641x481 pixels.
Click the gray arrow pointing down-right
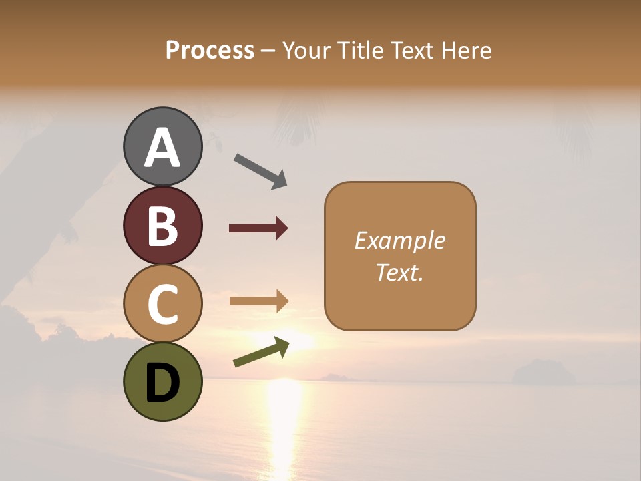click(x=260, y=171)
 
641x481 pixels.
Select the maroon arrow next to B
click(x=258, y=228)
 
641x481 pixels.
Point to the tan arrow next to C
click(x=258, y=301)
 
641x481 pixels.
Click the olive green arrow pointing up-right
click(x=261, y=352)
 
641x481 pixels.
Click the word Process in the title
click(x=210, y=51)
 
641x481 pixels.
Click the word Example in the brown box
click(x=400, y=240)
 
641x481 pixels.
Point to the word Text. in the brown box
click(x=400, y=272)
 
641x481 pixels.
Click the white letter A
click(x=163, y=148)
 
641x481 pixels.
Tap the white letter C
click(x=163, y=305)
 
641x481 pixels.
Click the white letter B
click(x=163, y=226)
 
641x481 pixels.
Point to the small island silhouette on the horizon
click(x=543, y=372)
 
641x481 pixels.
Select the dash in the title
click(x=268, y=51)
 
